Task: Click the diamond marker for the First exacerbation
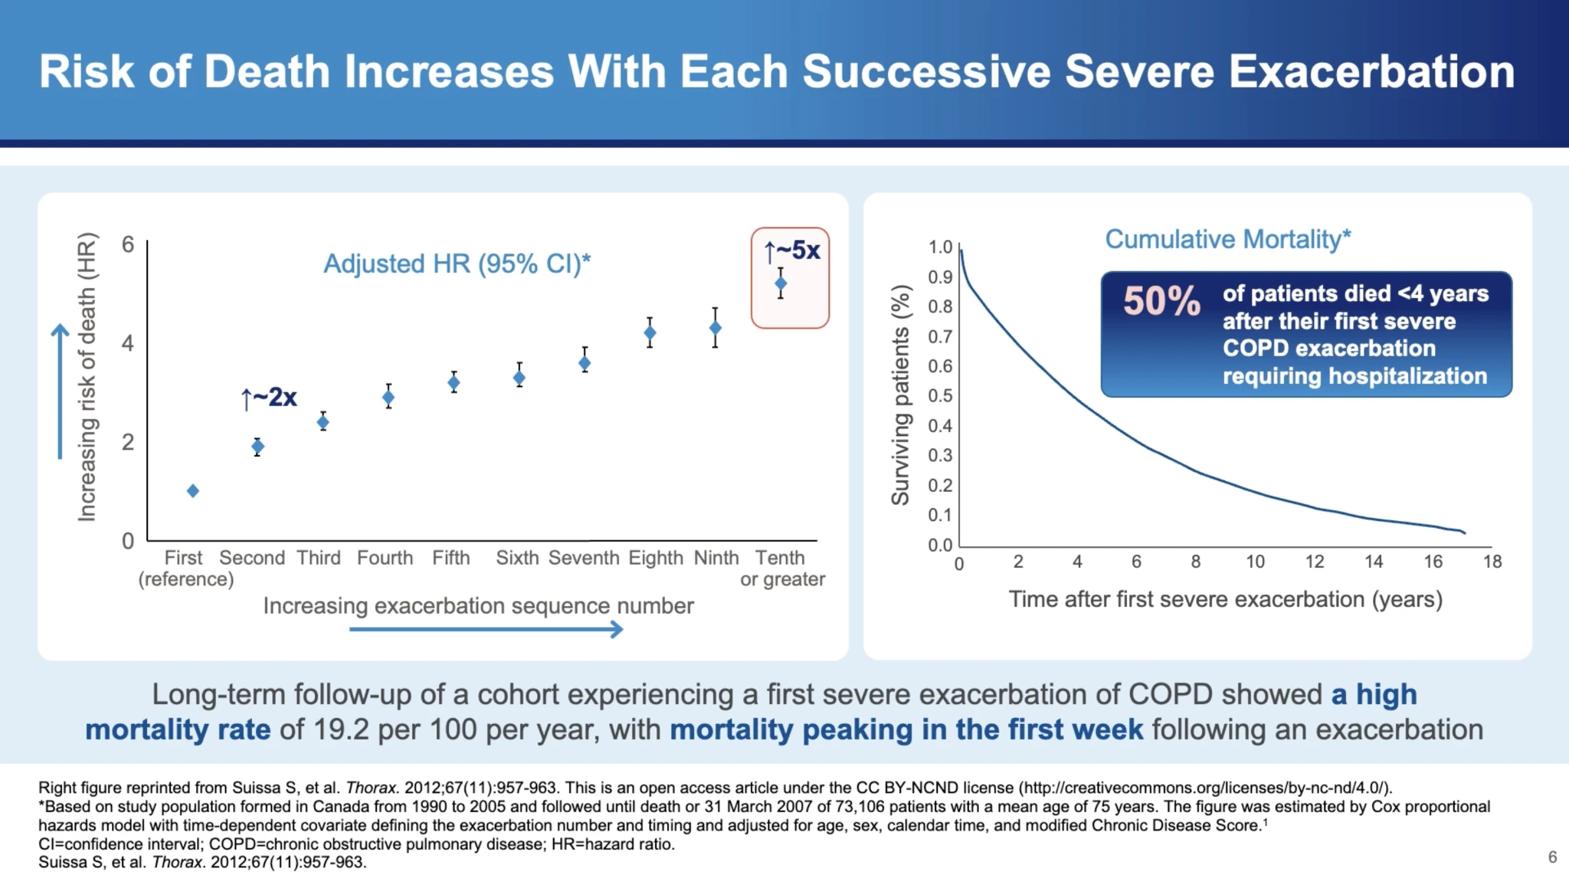(193, 490)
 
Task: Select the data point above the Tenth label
(780, 283)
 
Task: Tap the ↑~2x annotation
(269, 397)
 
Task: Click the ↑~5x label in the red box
(792, 250)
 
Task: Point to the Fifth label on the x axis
(450, 558)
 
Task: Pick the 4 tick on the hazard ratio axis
(128, 342)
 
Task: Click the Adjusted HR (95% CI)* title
(457, 264)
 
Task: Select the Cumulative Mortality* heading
(1227, 239)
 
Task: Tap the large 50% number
(1161, 300)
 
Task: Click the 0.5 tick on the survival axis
(940, 395)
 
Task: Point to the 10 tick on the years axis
(1255, 562)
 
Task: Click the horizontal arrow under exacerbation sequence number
(486, 629)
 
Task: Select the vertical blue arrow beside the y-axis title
(60, 391)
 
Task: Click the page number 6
(1552, 857)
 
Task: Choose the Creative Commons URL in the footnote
(1204, 788)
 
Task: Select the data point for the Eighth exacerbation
(650, 333)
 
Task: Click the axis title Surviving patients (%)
(901, 395)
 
